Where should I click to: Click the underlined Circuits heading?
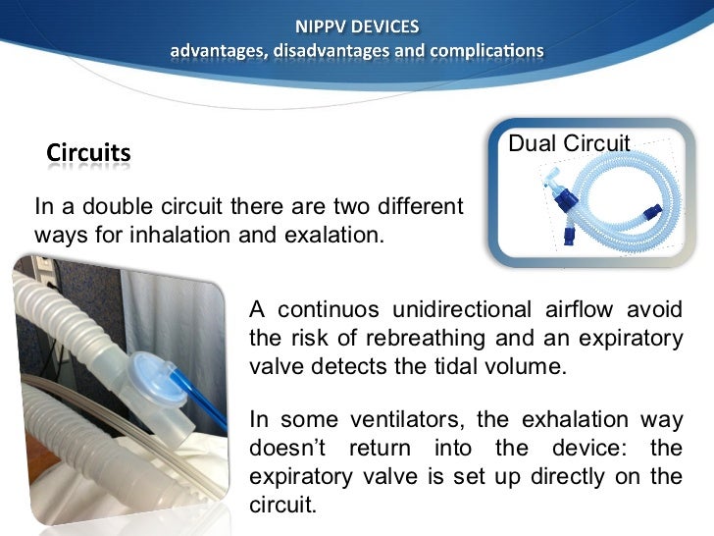point(88,153)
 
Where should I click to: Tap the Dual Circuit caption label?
point(569,144)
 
